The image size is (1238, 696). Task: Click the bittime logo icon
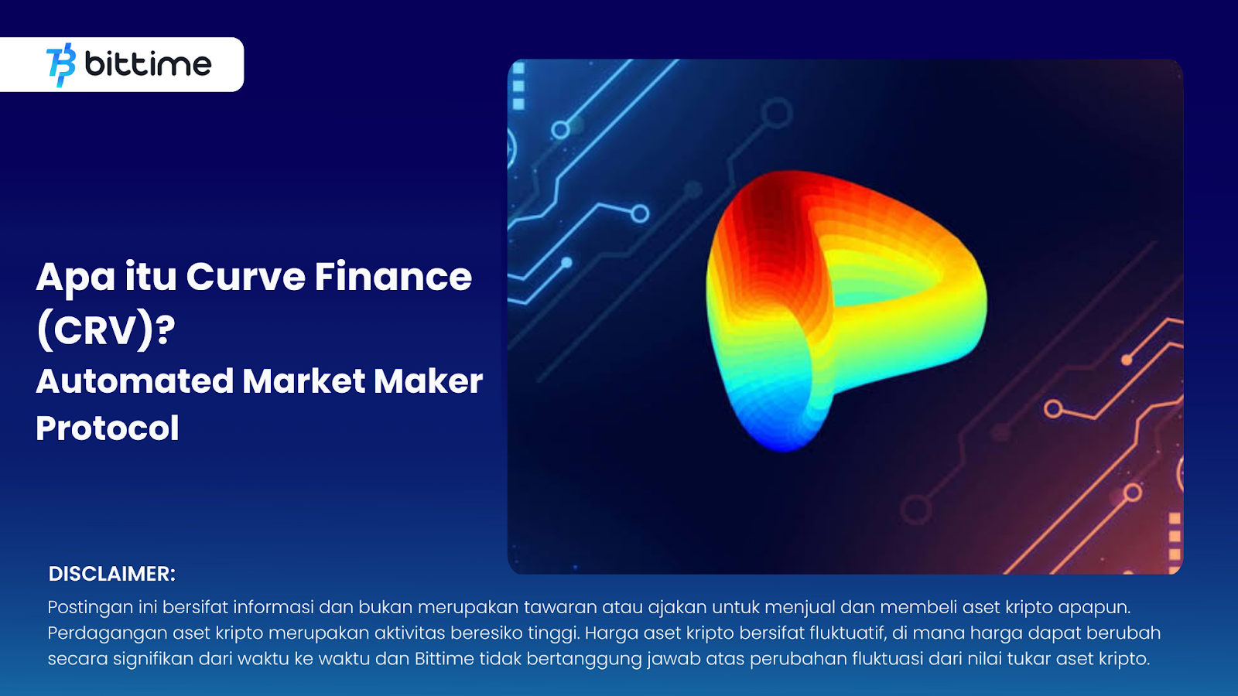click(x=61, y=64)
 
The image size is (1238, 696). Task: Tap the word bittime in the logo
click(x=147, y=63)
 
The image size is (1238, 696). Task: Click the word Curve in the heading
click(x=245, y=277)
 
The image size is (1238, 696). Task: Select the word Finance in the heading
click(x=393, y=277)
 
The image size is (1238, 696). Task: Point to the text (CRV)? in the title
click(x=106, y=330)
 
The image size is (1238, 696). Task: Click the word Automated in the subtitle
click(x=135, y=381)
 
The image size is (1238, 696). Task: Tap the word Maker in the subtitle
click(x=428, y=381)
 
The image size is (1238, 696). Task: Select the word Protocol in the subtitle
click(x=108, y=428)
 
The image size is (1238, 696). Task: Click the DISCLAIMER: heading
click(x=112, y=574)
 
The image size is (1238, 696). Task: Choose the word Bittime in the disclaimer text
click(x=444, y=659)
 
